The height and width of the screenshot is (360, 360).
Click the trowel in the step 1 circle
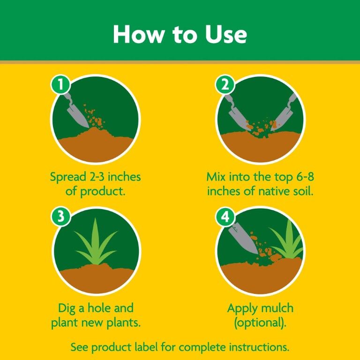[x=77, y=110]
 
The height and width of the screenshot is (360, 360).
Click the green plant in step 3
[x=96, y=246]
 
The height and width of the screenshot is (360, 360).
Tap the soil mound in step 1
[x=96, y=143]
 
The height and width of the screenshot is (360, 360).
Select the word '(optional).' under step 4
[x=260, y=323]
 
